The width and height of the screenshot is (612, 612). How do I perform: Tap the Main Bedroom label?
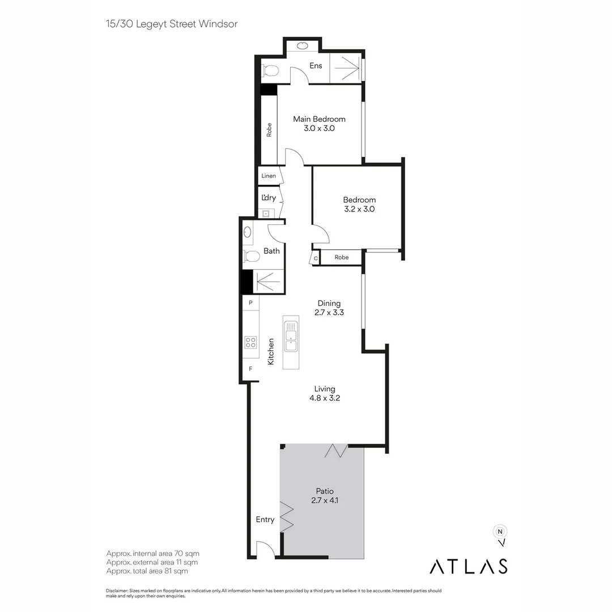click(x=319, y=119)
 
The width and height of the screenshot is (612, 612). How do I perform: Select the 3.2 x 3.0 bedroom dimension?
click(x=359, y=209)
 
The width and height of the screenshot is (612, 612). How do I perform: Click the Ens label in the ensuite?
click(x=316, y=66)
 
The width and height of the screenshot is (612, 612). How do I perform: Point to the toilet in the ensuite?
click(x=270, y=71)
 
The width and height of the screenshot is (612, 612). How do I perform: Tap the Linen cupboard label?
click(x=269, y=176)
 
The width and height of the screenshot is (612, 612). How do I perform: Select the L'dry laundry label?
click(x=269, y=198)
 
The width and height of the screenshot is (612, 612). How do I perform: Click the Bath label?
click(x=271, y=250)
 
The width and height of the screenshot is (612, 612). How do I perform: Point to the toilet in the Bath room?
click(x=251, y=257)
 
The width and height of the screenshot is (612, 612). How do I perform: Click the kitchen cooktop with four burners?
click(x=250, y=342)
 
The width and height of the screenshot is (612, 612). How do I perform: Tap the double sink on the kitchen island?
click(x=290, y=336)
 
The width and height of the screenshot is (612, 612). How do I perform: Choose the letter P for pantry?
click(x=250, y=303)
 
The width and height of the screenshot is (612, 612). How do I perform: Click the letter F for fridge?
click(x=250, y=368)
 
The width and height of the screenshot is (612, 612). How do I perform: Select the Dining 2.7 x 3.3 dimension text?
click(x=329, y=312)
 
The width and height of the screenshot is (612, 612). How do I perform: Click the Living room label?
click(x=325, y=389)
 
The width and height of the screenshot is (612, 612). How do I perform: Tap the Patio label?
click(x=325, y=491)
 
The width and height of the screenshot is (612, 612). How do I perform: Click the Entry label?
click(x=265, y=520)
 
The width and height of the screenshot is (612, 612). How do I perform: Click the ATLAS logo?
click(x=468, y=566)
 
